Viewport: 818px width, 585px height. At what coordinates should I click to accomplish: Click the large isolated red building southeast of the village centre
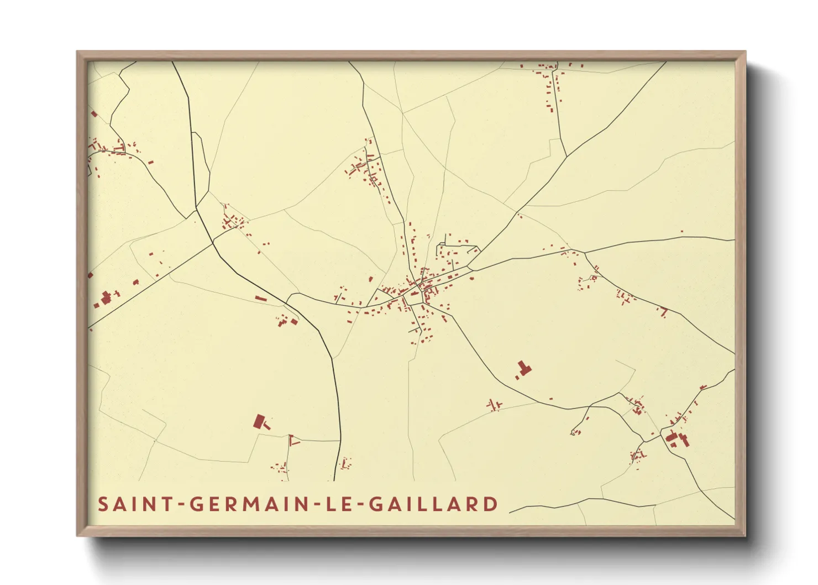[523, 368]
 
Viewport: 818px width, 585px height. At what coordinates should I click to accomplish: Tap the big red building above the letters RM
[260, 422]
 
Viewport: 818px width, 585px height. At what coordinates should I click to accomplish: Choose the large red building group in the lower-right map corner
[677, 439]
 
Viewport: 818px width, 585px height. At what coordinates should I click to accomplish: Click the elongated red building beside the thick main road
[260, 299]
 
